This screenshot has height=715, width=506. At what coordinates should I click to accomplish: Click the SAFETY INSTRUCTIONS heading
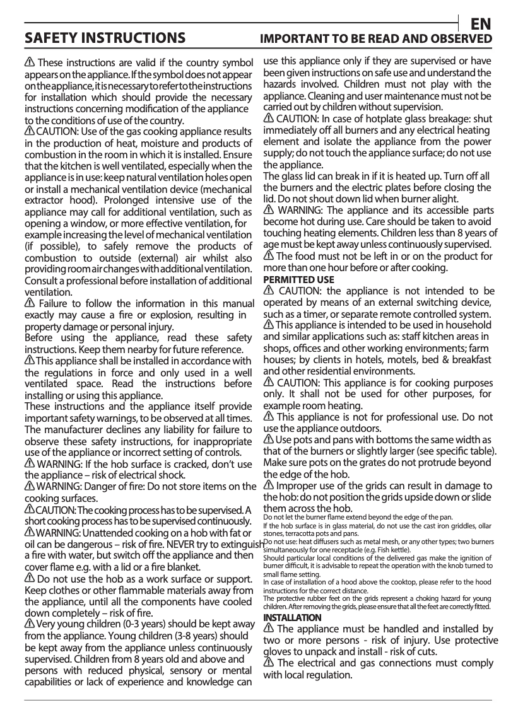[105, 38]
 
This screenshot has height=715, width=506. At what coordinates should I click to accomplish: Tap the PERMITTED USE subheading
[298, 279]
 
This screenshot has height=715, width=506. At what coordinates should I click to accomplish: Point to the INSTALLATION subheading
[292, 617]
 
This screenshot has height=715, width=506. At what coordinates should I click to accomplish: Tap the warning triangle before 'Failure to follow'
[30, 303]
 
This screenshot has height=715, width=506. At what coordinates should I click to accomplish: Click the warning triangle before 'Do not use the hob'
[30, 579]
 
